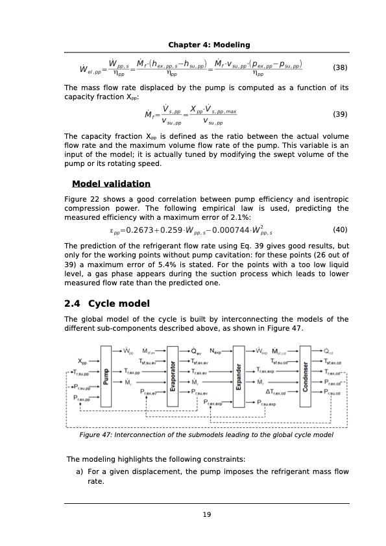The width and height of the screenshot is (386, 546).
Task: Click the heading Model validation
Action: point(111,184)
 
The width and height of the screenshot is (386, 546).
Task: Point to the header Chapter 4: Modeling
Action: point(209,44)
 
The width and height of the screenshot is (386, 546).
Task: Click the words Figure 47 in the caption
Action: point(94,435)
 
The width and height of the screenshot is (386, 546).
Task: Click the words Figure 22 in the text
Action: point(80,198)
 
